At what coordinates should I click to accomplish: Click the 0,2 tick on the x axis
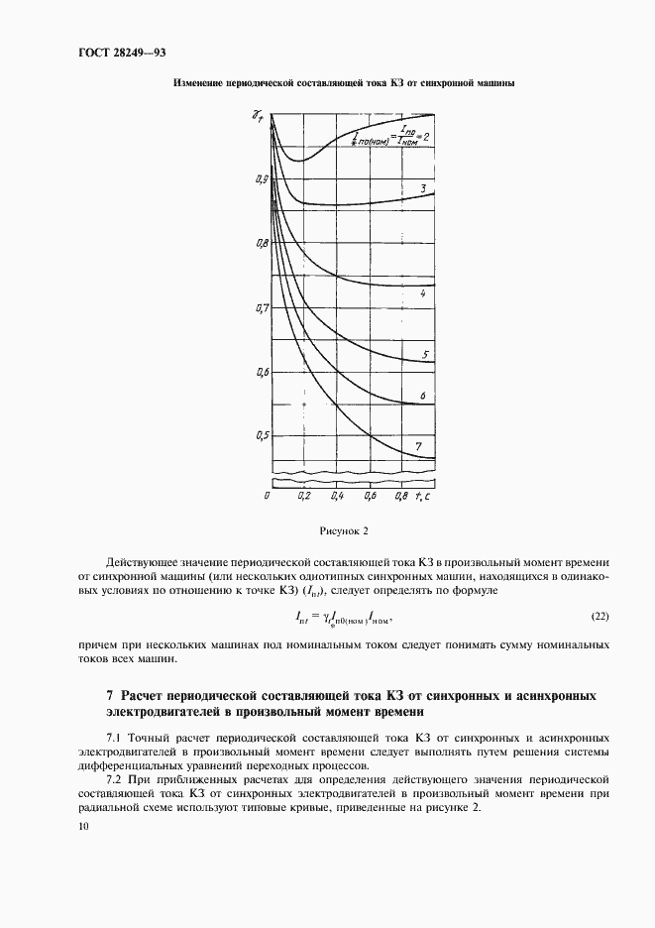click(x=303, y=494)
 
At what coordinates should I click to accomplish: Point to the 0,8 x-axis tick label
click(x=400, y=494)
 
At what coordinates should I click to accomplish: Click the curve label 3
click(x=423, y=187)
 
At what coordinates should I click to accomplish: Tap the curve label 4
click(x=423, y=294)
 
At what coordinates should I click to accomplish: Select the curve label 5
click(x=424, y=355)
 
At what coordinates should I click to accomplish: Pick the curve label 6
click(x=423, y=397)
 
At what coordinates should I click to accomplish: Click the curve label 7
click(x=419, y=447)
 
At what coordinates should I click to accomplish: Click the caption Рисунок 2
click(x=343, y=530)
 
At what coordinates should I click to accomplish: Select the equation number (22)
click(x=600, y=617)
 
